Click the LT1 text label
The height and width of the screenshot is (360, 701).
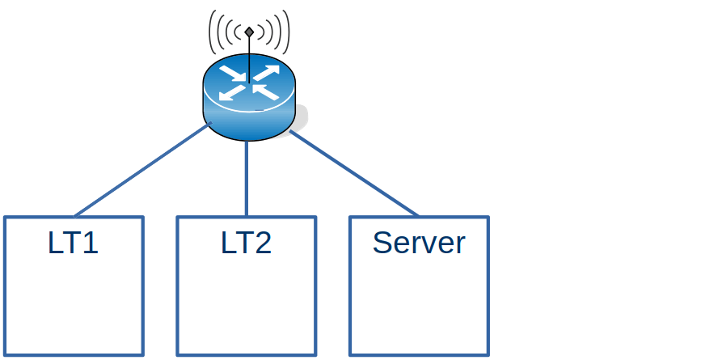(73, 244)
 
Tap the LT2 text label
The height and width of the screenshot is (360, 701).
(246, 244)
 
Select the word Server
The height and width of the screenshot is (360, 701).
(419, 244)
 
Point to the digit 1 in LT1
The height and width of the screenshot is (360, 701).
(91, 244)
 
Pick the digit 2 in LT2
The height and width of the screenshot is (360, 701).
(262, 244)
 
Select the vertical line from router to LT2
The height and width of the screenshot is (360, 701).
(247, 178)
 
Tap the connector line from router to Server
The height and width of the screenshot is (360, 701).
(353, 174)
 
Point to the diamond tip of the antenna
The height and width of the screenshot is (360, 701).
(249, 32)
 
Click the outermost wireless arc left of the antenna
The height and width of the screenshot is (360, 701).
(211, 32)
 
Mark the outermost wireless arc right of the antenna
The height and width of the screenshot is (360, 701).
(287, 32)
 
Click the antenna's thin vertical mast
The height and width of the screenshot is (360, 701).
(249, 57)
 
